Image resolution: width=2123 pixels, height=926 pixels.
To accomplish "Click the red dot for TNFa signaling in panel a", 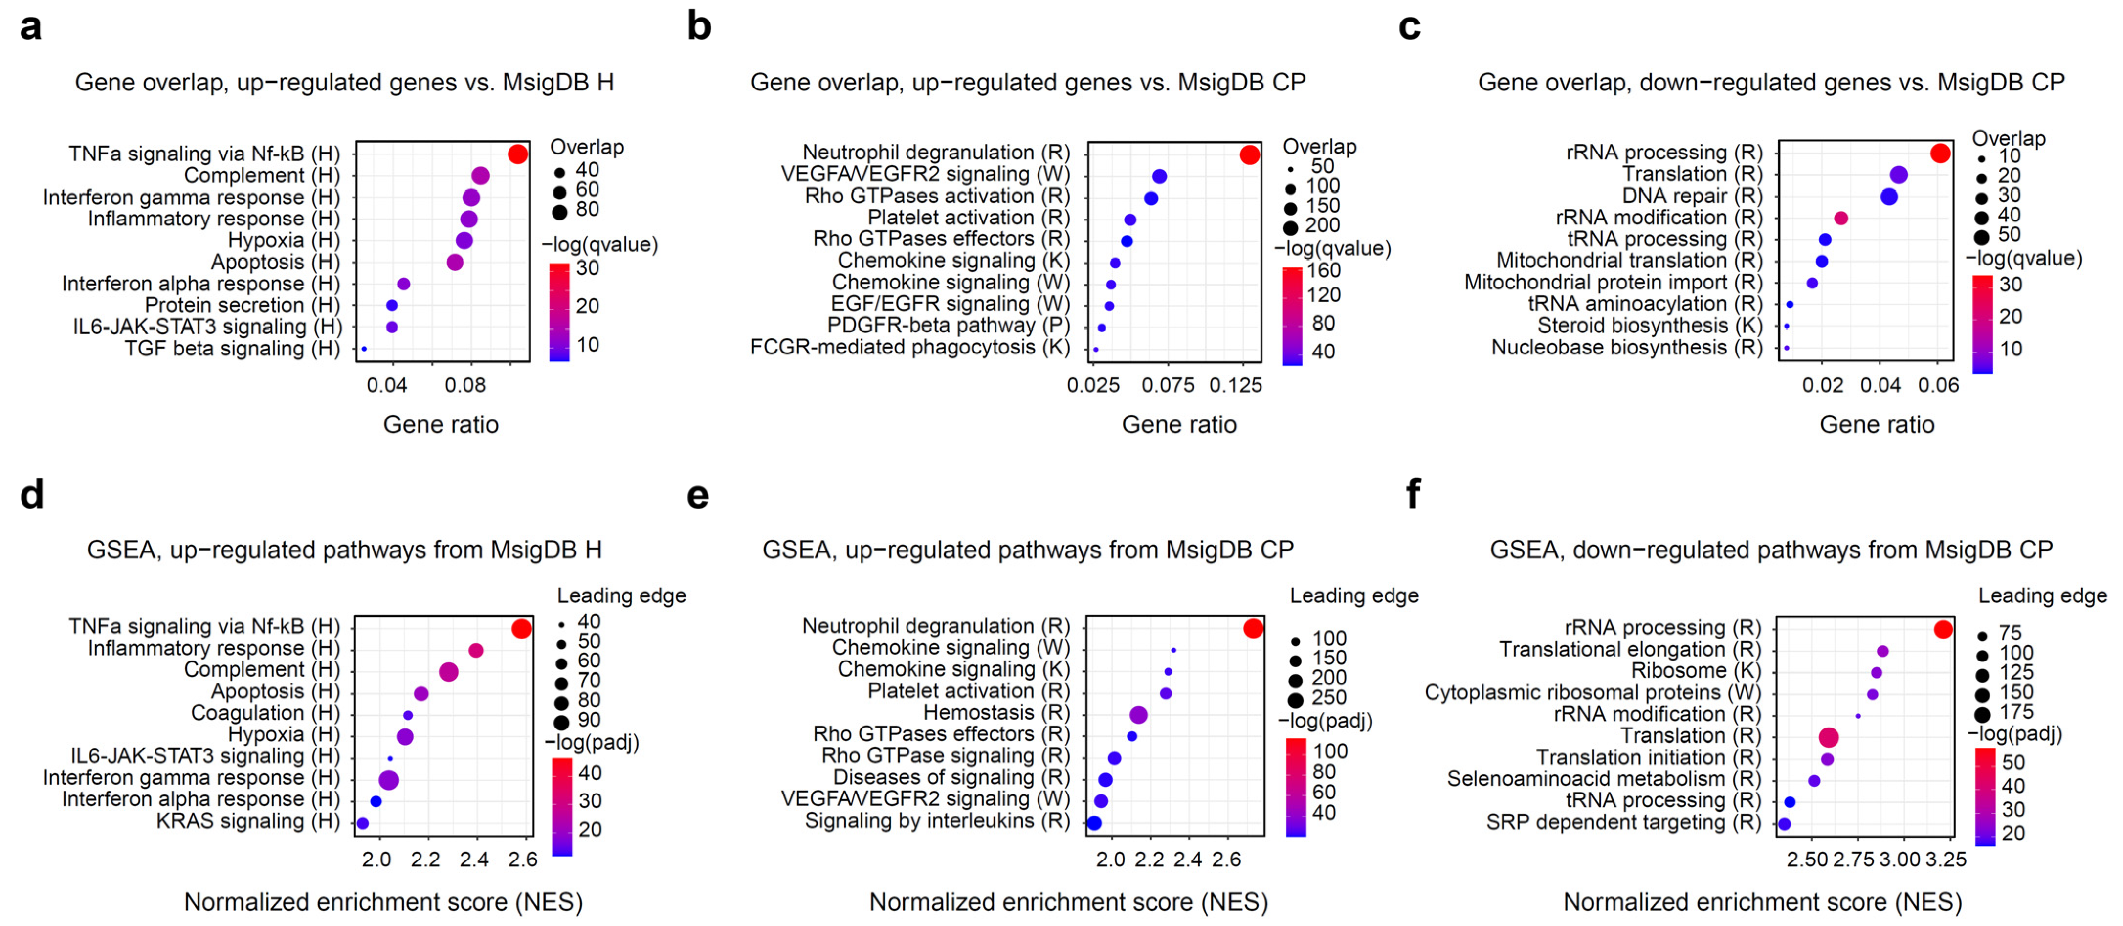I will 518,154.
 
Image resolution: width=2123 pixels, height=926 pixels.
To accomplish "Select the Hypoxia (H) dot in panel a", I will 464,241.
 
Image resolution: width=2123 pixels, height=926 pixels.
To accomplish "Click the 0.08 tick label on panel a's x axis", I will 465,385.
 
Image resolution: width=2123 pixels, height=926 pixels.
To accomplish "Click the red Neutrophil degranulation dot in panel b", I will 1249,154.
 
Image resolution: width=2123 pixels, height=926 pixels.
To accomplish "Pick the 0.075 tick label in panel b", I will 1167,385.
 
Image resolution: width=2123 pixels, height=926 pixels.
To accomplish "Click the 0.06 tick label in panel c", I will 1938,385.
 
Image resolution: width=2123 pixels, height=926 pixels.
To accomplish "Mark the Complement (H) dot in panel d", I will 448,672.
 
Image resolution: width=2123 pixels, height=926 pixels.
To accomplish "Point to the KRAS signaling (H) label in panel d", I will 247,821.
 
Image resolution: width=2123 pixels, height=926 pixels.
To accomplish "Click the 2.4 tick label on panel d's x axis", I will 474,860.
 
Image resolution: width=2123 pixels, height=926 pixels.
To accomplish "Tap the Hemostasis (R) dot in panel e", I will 1139,715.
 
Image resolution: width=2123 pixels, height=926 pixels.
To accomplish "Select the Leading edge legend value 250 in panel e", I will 1328,698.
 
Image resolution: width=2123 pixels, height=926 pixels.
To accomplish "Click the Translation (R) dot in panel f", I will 1828,737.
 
